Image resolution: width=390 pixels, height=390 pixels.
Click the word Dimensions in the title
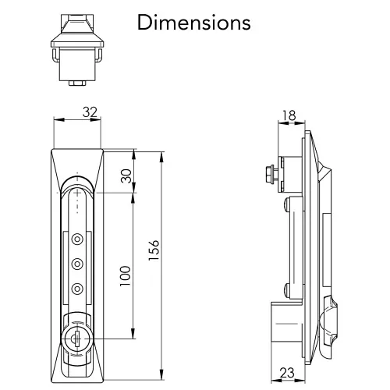[x=194, y=22]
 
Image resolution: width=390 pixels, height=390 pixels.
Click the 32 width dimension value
[x=90, y=112]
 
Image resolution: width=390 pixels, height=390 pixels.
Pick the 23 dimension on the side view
[x=287, y=373]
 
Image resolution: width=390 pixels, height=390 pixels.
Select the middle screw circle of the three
[x=76, y=264]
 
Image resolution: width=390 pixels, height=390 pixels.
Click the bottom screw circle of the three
[x=76, y=289]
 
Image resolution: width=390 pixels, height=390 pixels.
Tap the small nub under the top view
[x=76, y=82]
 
